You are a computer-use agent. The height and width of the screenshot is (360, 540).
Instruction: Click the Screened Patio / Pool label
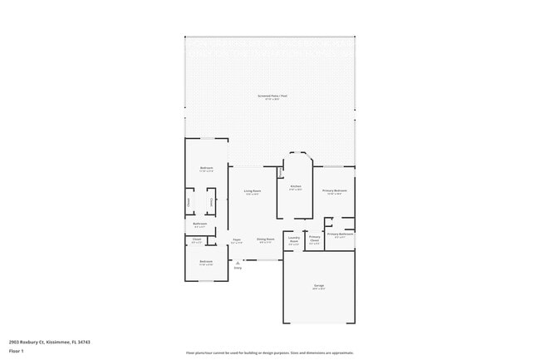pyautogui.click(x=272, y=96)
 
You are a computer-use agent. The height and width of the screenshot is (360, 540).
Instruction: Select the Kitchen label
pyautogui.click(x=295, y=187)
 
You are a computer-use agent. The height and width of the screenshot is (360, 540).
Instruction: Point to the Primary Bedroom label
pyautogui.click(x=335, y=191)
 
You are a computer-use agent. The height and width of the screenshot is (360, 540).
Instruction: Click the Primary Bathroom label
pyautogui.click(x=340, y=234)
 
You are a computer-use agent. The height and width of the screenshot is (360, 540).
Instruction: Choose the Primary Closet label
pyautogui.click(x=315, y=239)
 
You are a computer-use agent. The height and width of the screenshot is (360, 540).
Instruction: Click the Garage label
pyautogui.click(x=319, y=287)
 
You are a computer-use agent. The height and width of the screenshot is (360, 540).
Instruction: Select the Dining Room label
pyautogui.click(x=266, y=239)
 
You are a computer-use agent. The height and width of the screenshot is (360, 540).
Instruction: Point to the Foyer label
pyautogui.click(x=237, y=239)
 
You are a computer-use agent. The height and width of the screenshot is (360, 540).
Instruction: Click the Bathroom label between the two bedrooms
pyautogui.click(x=200, y=224)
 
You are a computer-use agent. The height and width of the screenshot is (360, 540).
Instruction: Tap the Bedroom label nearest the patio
pyautogui.click(x=205, y=169)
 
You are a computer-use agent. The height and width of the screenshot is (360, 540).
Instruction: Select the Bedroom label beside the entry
pyautogui.click(x=205, y=263)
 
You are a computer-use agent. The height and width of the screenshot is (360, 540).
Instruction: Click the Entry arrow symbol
pyautogui.click(x=238, y=263)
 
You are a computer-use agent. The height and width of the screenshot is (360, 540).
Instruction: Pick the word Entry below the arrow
pyautogui.click(x=238, y=269)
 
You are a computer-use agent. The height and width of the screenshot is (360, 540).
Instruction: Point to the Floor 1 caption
pyautogui.click(x=16, y=352)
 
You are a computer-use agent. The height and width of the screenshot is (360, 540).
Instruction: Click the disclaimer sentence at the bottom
pyautogui.click(x=271, y=353)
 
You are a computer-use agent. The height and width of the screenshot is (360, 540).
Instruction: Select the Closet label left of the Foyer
pyautogui.click(x=197, y=239)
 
